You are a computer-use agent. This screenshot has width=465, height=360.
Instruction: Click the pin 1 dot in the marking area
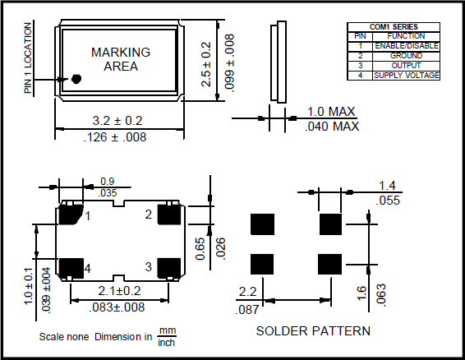(76, 79)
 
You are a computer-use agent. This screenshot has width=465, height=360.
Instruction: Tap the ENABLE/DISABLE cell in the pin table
(406, 46)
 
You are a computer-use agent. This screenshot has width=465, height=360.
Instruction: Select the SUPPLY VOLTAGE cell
(406, 76)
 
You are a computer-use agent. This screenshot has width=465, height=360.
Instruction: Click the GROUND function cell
(406, 56)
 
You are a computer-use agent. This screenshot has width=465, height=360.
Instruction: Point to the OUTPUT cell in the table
(406, 66)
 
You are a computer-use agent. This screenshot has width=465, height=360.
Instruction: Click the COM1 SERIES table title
(394, 27)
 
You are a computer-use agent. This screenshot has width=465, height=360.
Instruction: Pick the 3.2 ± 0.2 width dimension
(117, 121)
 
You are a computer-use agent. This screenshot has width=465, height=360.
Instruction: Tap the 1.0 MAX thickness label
(331, 112)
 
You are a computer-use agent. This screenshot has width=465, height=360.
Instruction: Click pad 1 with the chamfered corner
(71, 214)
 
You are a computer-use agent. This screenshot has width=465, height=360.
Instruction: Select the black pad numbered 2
(169, 215)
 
